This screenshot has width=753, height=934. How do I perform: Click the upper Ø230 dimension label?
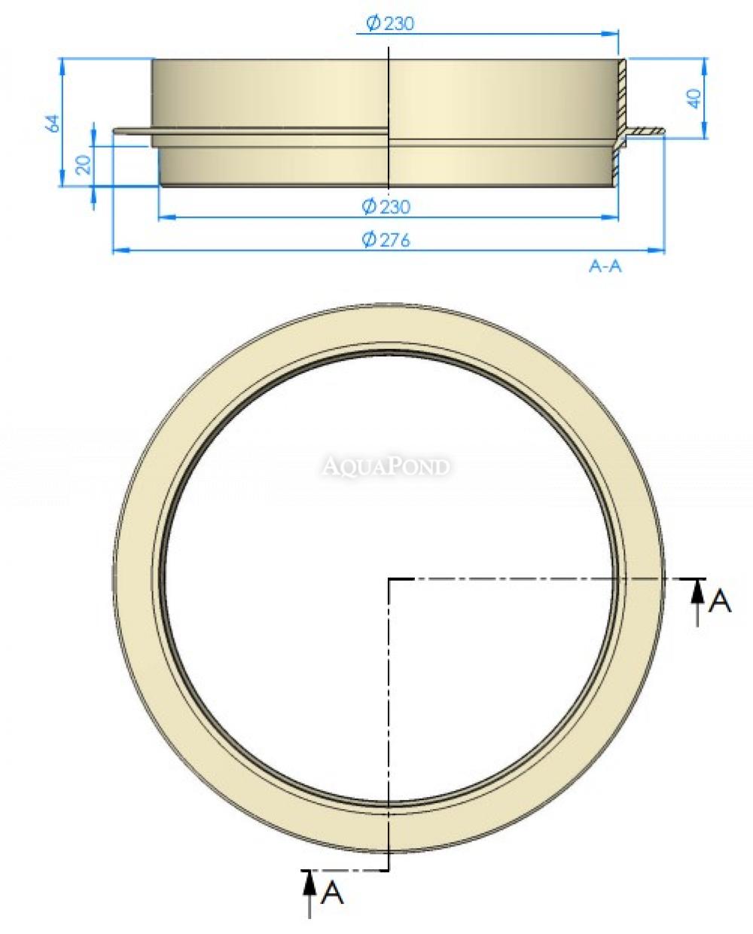[390, 23]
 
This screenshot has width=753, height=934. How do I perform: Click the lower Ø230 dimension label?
[386, 206]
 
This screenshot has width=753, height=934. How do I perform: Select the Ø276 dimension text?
[386, 240]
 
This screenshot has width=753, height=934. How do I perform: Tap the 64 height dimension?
[53, 124]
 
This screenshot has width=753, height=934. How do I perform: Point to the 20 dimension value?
[84, 165]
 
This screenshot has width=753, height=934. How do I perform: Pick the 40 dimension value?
[694, 99]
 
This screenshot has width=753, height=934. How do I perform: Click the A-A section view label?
[605, 266]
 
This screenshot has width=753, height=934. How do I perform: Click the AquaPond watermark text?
[386, 466]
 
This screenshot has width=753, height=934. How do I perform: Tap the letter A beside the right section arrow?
[720, 602]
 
